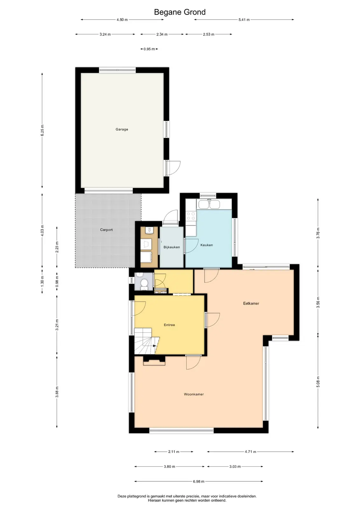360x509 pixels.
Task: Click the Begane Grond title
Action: (180, 12)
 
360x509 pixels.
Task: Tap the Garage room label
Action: (122, 129)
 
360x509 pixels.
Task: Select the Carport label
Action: (106, 230)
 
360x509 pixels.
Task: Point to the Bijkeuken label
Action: (172, 247)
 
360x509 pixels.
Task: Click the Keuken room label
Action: (207, 245)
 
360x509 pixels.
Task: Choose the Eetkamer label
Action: (251, 303)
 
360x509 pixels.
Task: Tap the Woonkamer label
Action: (194, 394)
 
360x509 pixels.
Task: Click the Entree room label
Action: (170, 325)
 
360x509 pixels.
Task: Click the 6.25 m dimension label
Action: (42, 130)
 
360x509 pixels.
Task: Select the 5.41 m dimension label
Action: (244, 20)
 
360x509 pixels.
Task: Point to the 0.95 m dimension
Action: (149, 49)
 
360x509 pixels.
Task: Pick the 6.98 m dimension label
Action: (199, 481)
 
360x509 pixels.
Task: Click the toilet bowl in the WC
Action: (144, 284)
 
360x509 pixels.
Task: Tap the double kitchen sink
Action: (209, 204)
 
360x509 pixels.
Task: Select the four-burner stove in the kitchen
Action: (191, 216)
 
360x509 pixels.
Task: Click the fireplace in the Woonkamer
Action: (154, 360)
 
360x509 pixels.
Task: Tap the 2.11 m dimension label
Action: (174, 451)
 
